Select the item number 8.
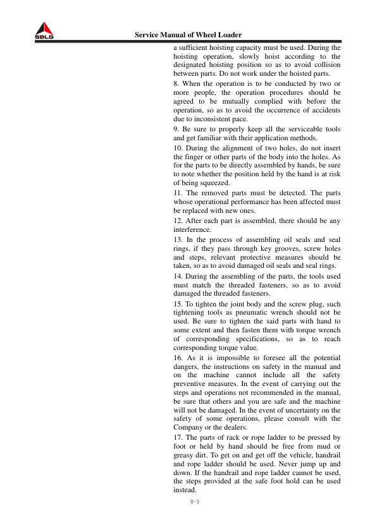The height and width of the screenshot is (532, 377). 176,83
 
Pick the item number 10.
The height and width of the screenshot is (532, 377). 178,148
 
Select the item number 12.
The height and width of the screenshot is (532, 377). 178,221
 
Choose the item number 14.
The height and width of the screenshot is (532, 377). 178,276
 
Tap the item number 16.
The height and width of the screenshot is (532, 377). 178,358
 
